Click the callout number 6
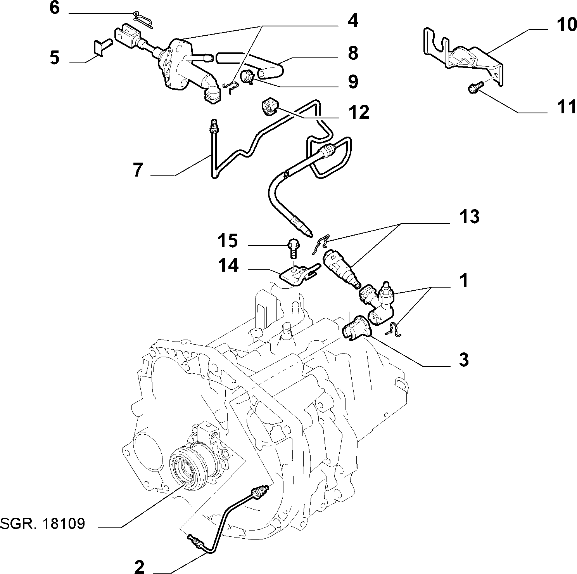[x=55, y=8]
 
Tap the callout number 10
[x=567, y=25]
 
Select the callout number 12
[x=359, y=113]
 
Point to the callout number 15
[x=227, y=241]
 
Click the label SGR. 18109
[x=42, y=524]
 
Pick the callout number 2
[x=139, y=567]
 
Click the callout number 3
[x=464, y=360]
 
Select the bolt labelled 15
[x=293, y=248]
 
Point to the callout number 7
[x=138, y=170]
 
